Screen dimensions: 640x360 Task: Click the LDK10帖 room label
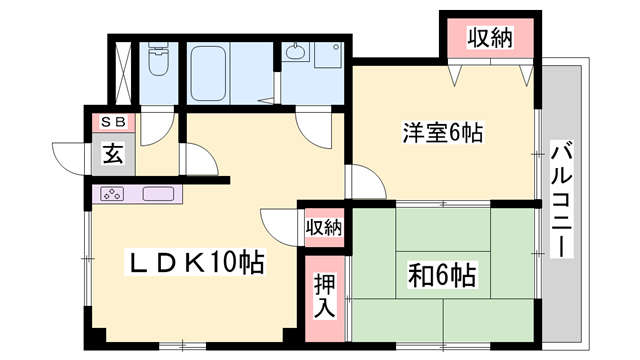click(195, 262)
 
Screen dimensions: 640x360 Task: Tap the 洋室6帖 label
click(443, 133)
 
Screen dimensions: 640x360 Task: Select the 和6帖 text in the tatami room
click(442, 276)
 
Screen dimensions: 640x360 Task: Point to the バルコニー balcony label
click(562, 199)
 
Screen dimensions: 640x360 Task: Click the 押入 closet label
click(324, 296)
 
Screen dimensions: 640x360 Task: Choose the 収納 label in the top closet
click(490, 38)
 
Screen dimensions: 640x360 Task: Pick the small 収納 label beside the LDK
click(324, 227)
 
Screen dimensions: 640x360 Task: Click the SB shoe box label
click(112, 122)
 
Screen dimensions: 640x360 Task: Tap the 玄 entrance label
click(113, 154)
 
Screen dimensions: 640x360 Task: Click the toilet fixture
click(158, 59)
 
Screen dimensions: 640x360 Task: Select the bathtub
click(208, 73)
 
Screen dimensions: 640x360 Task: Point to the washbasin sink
click(296, 52)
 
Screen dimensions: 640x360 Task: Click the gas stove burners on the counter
click(112, 194)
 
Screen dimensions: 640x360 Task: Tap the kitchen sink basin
click(158, 194)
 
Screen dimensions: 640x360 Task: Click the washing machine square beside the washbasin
click(328, 55)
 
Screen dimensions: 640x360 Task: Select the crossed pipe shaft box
click(123, 73)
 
